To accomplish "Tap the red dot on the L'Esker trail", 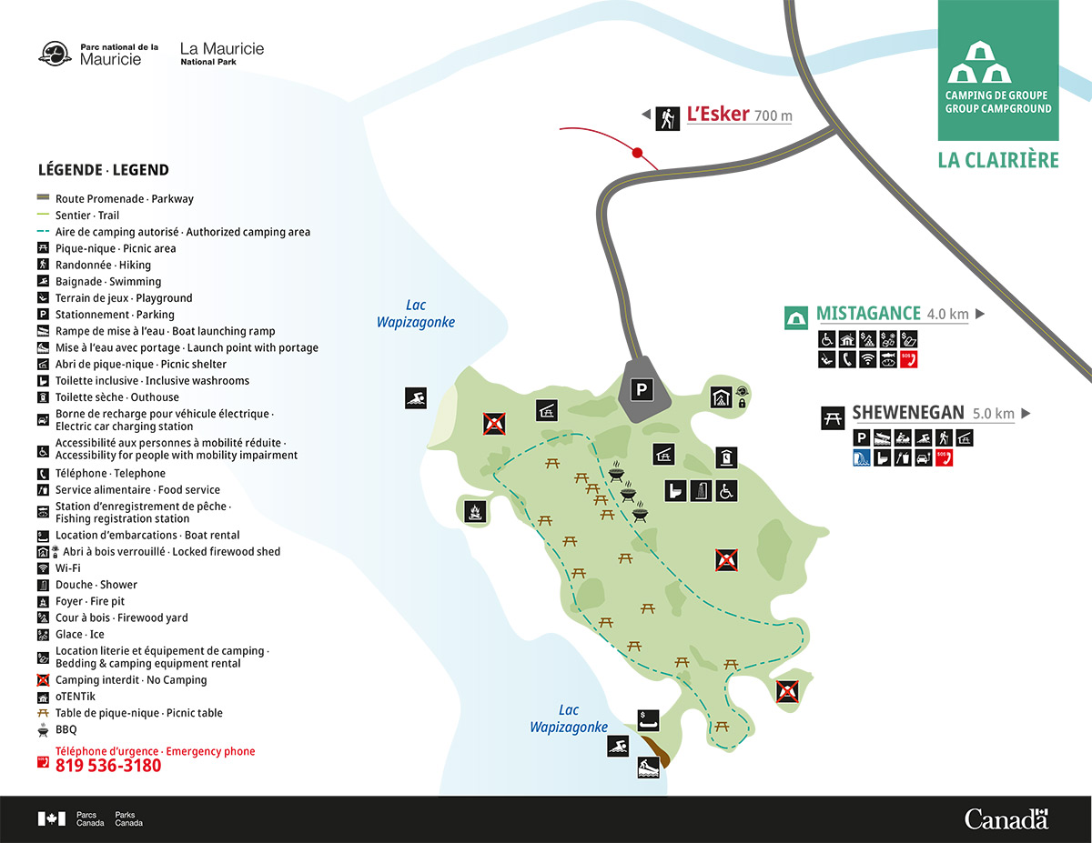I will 638,153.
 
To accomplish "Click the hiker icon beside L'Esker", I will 668,117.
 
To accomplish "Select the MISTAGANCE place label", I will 868,315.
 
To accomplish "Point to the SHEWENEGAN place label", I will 907,413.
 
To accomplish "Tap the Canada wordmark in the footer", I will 1006,818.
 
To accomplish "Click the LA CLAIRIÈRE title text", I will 998,161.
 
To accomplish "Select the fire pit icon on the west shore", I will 474,512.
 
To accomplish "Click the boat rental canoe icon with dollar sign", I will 648,718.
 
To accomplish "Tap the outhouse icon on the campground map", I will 726,456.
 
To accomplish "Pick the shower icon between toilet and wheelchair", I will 701,491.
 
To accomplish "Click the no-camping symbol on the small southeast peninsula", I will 787,692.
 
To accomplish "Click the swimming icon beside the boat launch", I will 619,747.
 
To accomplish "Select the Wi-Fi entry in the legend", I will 68,568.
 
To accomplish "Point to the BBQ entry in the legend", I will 66,729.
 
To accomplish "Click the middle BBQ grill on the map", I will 628,495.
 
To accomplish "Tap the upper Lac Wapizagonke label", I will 415,314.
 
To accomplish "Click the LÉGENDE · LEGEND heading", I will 103,170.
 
